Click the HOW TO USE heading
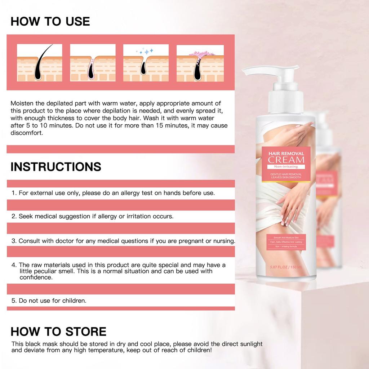[50, 21]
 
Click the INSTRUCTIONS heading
[56, 166]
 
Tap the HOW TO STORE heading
[58, 331]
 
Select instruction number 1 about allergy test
[113, 193]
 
